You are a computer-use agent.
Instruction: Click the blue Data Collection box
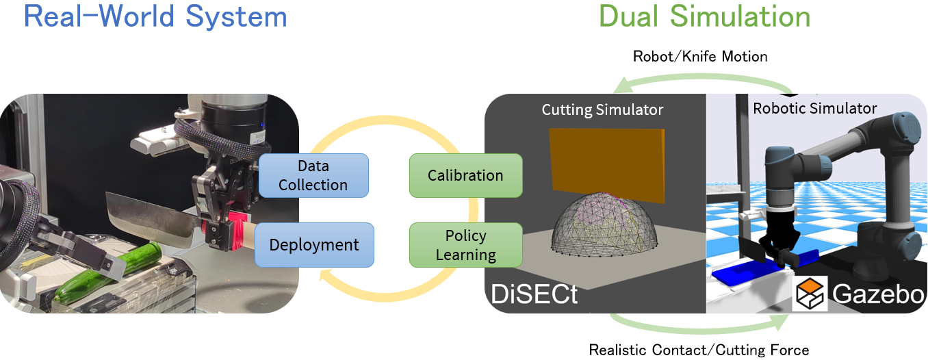point(313,175)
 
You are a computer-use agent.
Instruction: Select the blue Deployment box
point(314,245)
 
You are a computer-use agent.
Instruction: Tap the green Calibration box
point(465,175)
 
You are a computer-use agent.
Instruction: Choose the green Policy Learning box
point(465,245)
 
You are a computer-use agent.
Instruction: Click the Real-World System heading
point(155,16)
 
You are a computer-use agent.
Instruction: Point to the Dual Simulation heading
point(704,16)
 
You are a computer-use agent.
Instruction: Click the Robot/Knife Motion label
point(700,56)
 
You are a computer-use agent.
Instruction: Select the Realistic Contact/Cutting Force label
point(700,350)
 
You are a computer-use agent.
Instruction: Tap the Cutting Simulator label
point(602,110)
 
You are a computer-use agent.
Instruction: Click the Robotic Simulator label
point(814,108)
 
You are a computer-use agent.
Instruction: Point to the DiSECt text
point(534,294)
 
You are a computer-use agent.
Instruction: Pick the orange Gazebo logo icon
point(811,294)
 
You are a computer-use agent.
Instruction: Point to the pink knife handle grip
point(236,231)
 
